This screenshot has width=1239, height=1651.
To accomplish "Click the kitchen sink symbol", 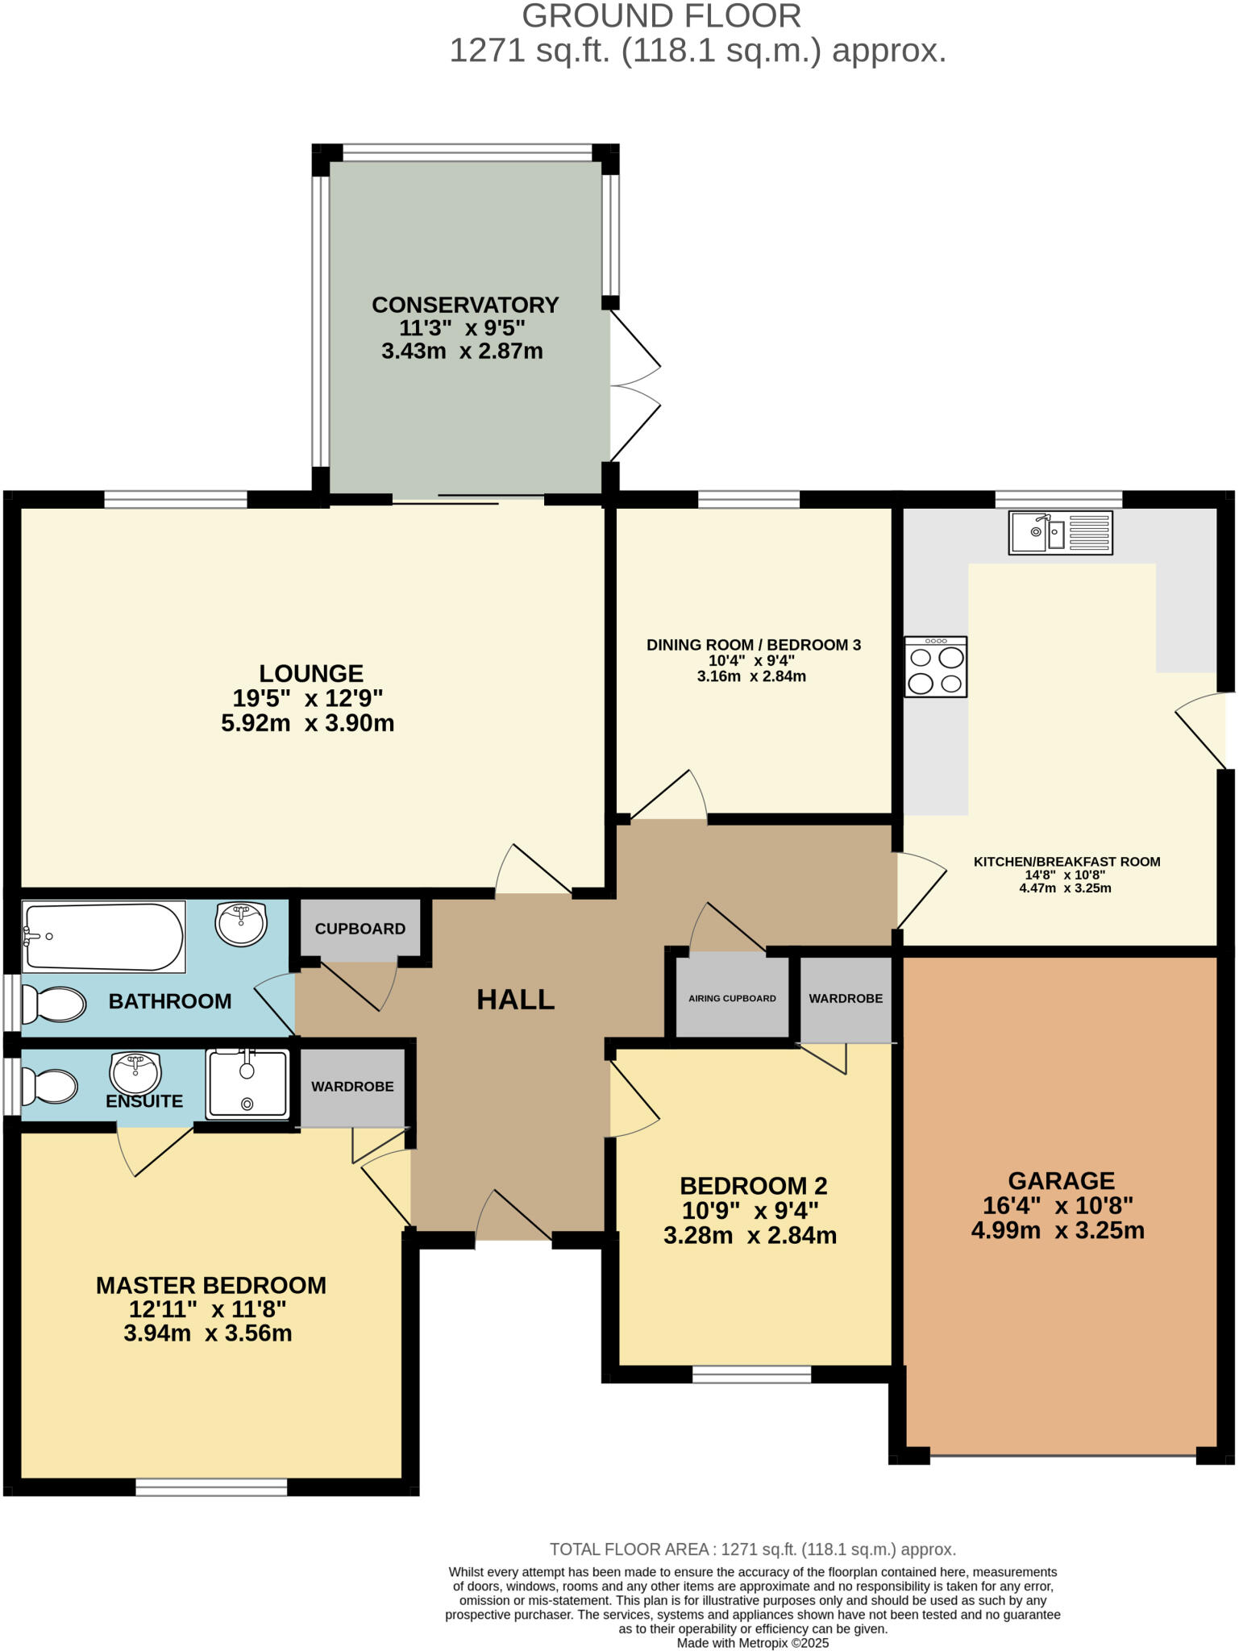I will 1060,532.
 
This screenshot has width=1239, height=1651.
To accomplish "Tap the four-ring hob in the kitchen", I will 935,667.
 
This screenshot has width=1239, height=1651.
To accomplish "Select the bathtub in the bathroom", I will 103,936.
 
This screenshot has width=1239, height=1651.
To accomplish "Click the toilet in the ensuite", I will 49,1086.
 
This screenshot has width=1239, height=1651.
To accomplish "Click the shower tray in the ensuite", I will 247,1083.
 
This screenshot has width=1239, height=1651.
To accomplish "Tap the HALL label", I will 515,1000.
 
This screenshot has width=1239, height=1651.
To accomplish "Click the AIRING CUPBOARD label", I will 732,998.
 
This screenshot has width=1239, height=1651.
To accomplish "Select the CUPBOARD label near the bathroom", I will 360,929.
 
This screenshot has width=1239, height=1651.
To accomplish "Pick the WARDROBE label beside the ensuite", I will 352,1086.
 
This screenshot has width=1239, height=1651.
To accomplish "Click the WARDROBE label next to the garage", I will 846,998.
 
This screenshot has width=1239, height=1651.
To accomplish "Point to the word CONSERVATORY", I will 465,305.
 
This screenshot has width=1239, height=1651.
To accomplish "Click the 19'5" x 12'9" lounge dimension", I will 307,697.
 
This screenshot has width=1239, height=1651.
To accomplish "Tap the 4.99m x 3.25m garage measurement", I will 1058,1231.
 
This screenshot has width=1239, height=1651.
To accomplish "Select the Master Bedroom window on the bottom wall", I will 211,1487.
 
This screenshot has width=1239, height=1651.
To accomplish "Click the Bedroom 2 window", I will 751,1374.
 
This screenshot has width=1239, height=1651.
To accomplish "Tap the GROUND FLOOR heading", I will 661,16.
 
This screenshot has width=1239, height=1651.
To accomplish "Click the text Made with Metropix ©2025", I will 752,1643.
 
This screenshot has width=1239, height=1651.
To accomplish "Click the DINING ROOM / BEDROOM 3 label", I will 753,645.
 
